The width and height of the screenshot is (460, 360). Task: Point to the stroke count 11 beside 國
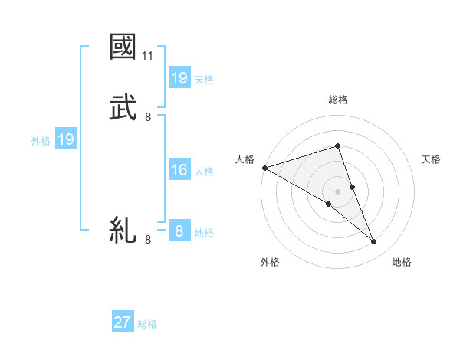149,56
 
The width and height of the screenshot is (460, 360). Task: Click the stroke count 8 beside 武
148,116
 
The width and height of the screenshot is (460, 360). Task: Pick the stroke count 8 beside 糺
148,240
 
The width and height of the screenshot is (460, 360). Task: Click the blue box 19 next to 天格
179,78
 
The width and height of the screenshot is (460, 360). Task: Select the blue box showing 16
179,170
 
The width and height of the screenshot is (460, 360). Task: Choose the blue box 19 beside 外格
65,139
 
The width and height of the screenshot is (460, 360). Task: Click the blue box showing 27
123,322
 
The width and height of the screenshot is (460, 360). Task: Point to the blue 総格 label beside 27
147,324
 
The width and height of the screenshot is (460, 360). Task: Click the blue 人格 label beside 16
204,172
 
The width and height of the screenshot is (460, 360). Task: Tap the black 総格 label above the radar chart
337,100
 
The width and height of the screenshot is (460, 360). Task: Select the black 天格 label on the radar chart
432,159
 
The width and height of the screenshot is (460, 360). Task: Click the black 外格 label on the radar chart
270,262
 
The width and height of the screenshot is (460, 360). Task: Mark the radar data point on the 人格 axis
264,167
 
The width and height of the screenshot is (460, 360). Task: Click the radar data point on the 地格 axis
374,242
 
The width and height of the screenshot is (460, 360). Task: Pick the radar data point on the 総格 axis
337,146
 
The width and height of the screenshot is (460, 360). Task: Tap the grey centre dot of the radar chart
337,191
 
